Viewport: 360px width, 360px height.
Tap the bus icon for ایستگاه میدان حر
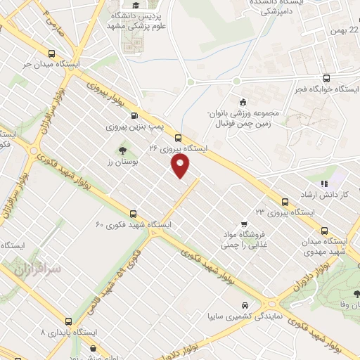coord(51,54)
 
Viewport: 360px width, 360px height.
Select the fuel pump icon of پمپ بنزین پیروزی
coord(134,117)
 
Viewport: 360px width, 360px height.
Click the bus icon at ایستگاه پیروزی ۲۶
coord(177,138)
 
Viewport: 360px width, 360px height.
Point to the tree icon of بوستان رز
coord(123,150)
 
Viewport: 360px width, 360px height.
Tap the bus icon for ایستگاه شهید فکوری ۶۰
coord(133,213)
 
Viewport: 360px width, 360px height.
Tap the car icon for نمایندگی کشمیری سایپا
coord(243,306)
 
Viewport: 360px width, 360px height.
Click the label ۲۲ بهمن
coord(345,30)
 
